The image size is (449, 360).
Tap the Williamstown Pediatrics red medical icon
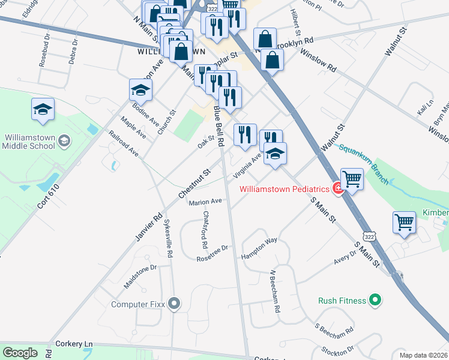pos(339,189)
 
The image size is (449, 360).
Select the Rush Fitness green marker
pos(375,299)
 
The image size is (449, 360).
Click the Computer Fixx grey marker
pos(175,304)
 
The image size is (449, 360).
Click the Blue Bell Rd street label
pos(220,126)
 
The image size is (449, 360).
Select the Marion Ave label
pos(205,202)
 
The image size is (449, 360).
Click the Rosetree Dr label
pos(212,253)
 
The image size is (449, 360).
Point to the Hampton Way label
pos(259,247)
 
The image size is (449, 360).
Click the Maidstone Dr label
pos(139,277)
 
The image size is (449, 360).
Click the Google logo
pos(20,353)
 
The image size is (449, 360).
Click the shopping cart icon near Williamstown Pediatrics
pos(352,178)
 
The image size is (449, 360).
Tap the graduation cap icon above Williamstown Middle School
pos(43,109)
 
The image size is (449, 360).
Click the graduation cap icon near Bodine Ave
pos(141,90)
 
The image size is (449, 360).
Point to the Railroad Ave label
pos(124,144)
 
